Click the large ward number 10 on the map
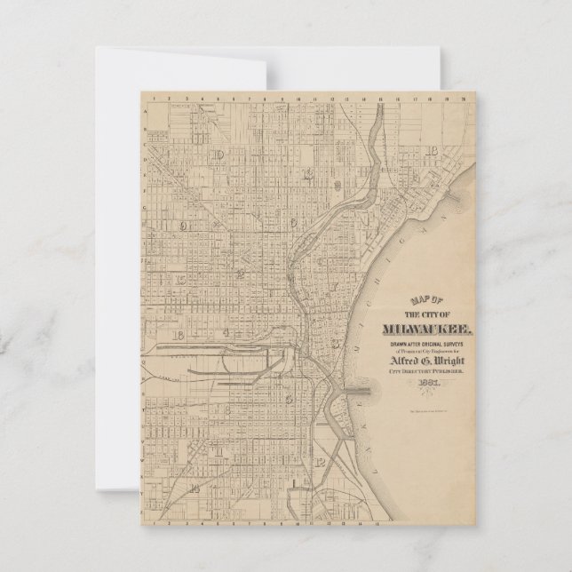218,155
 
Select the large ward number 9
184,226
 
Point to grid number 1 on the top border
157,97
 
